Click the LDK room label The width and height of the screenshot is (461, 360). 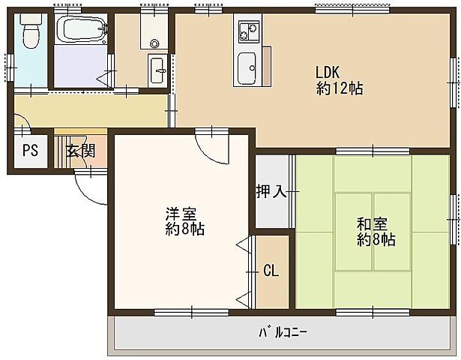point(328,73)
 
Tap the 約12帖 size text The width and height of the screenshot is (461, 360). point(340,88)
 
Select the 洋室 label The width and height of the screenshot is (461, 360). point(178,213)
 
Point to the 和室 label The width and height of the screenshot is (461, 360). point(372,223)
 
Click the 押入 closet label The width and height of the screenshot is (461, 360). point(272,191)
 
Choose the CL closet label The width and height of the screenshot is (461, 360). point(271,271)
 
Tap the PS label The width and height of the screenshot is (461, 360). point(29,150)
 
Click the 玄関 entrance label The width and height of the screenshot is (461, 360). point(79,150)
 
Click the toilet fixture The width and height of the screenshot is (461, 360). point(30,34)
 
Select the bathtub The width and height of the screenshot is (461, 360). point(82,31)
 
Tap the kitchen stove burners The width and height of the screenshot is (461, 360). point(247,33)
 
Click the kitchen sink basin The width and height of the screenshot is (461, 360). point(246,69)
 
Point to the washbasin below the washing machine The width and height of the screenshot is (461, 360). point(159,70)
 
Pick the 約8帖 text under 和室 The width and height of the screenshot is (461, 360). point(376,240)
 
